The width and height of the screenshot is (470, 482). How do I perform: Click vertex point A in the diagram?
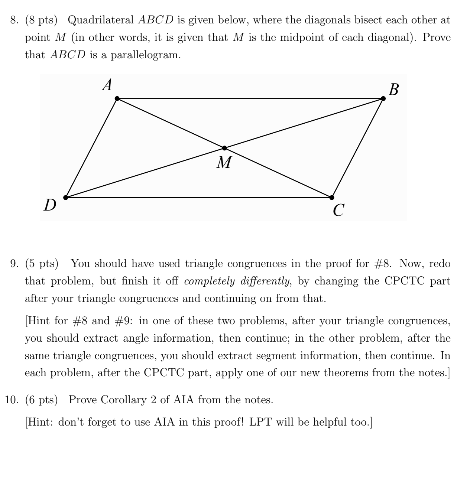click(x=117, y=98)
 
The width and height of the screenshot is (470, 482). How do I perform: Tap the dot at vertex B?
click(x=383, y=98)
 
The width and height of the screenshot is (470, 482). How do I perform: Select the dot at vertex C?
click(x=332, y=197)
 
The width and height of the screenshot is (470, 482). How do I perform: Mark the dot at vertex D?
click(x=66, y=197)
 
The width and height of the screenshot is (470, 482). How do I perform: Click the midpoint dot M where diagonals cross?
click(x=224, y=148)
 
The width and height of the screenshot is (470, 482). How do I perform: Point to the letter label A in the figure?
click(x=107, y=86)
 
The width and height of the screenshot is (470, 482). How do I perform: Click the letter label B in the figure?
click(x=393, y=89)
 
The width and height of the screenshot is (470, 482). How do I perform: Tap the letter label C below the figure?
click(x=338, y=211)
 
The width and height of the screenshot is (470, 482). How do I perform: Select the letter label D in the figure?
click(x=49, y=205)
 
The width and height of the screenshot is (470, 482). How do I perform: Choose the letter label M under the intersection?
click(x=224, y=162)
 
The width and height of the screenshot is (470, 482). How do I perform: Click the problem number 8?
click(x=14, y=20)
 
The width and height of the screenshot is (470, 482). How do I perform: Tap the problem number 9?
click(x=14, y=264)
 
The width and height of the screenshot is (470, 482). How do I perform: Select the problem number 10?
click(x=12, y=400)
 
